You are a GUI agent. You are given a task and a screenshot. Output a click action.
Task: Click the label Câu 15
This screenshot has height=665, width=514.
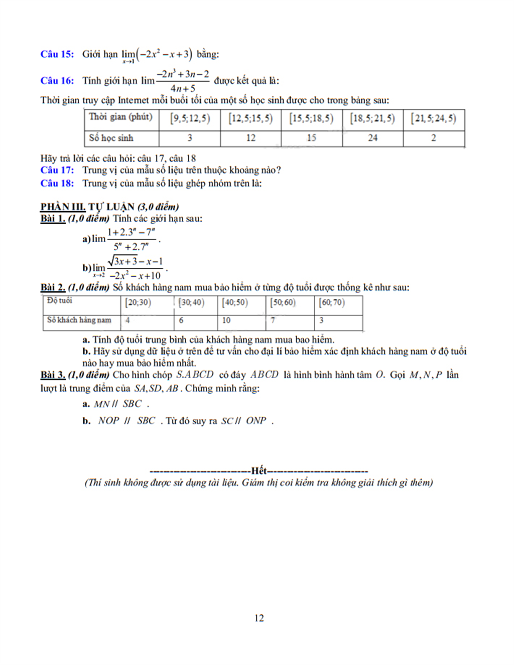pos(57,54)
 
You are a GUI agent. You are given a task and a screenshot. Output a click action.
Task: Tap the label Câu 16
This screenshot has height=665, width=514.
pos(57,80)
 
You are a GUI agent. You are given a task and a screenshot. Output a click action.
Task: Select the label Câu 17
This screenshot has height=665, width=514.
pos(57,170)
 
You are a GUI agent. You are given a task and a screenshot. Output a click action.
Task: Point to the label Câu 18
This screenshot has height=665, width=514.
pos(57,183)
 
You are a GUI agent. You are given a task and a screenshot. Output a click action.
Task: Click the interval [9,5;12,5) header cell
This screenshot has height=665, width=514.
pos(190,119)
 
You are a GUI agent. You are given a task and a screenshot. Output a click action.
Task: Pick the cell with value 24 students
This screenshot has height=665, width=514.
pos(372,138)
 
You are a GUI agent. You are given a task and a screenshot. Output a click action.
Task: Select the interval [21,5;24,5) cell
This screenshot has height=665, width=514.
pos(433,119)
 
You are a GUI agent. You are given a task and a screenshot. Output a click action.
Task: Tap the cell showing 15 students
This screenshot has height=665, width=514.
pos(311,138)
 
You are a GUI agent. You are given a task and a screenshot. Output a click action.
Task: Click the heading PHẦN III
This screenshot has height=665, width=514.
pos(63,207)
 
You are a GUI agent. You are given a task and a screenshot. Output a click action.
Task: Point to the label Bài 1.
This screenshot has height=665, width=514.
pos(53,219)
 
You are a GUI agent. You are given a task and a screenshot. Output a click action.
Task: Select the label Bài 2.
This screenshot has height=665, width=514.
pos(53,287)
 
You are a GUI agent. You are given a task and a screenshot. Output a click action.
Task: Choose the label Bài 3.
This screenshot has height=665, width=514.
pos(53,375)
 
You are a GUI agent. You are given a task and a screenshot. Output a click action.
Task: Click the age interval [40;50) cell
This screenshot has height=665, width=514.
pos(235,303)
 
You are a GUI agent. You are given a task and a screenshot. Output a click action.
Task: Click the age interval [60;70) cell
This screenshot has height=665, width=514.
pos(332,303)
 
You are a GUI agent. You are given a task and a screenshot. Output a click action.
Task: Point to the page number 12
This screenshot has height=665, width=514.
pos(259,618)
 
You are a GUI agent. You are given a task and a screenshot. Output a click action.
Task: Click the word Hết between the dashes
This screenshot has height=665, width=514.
pos(259,470)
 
